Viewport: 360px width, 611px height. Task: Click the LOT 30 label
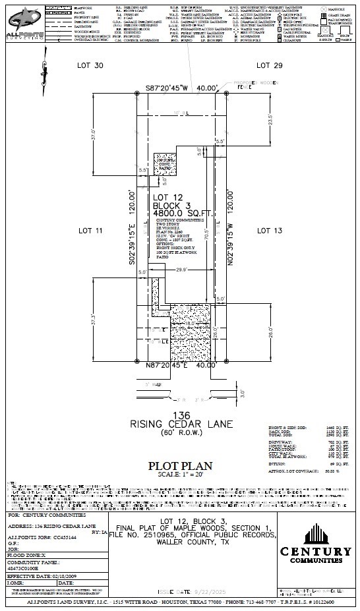point(90,65)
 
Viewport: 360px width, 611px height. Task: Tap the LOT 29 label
point(269,65)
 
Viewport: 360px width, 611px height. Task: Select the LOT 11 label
point(90,231)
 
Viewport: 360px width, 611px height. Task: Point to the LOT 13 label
point(269,231)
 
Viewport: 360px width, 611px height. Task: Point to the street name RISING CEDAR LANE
point(180,423)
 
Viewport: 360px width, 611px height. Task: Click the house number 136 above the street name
point(180,415)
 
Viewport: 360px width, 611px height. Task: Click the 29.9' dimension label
point(182,270)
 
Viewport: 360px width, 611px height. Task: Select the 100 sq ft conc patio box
point(162,166)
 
